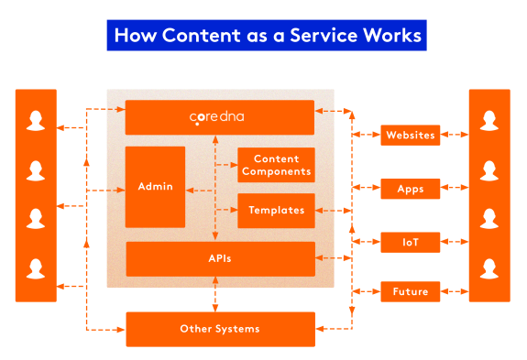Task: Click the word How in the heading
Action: (132, 36)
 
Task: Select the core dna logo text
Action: (217, 117)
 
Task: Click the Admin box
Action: (155, 187)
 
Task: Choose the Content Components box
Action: (276, 165)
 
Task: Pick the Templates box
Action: (276, 211)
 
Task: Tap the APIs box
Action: (219, 259)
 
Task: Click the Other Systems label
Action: (219, 329)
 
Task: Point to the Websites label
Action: (410, 136)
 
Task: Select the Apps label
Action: (410, 190)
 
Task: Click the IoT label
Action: (410, 243)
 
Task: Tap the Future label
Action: (410, 292)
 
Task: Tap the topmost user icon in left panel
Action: (36, 121)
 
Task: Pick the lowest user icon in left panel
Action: (36, 268)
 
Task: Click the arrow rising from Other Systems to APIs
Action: (215, 293)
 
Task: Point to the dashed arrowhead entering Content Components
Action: (233, 165)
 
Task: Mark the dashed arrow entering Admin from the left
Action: (115, 190)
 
